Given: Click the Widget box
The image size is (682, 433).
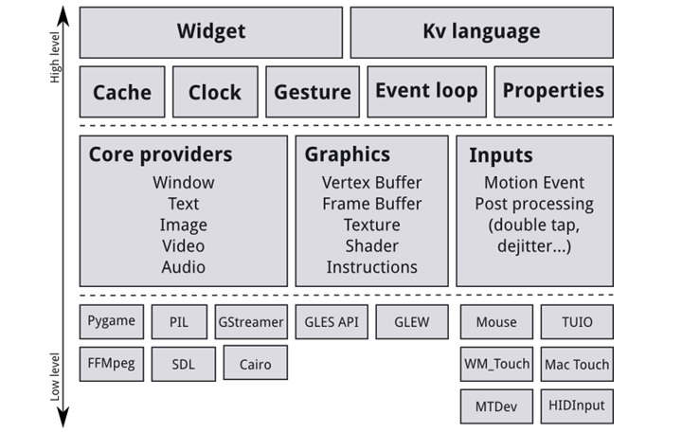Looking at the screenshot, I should [x=210, y=32].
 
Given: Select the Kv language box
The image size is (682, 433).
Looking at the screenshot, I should [x=480, y=32].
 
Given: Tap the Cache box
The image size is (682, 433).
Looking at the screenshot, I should [x=121, y=92].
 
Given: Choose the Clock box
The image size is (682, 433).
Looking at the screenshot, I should [x=215, y=92].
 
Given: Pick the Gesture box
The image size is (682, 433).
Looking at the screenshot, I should [x=312, y=92].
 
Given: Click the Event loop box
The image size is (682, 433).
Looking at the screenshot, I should [x=426, y=91].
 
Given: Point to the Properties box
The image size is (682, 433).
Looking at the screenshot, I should [x=553, y=91].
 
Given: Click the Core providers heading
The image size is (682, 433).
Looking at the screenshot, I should [x=160, y=154].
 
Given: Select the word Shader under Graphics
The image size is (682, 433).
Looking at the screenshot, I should [x=371, y=245].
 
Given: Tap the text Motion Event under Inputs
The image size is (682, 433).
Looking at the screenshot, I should [x=534, y=183].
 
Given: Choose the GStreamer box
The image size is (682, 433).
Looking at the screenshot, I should [x=251, y=322].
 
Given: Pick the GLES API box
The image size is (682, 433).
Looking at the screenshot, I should [x=331, y=322].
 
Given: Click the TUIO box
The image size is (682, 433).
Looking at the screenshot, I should [x=577, y=322].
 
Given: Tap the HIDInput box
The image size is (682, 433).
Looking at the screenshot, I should [x=577, y=406].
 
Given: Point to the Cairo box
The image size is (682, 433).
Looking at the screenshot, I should [x=255, y=364].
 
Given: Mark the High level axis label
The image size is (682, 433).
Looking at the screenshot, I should [x=54, y=59].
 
